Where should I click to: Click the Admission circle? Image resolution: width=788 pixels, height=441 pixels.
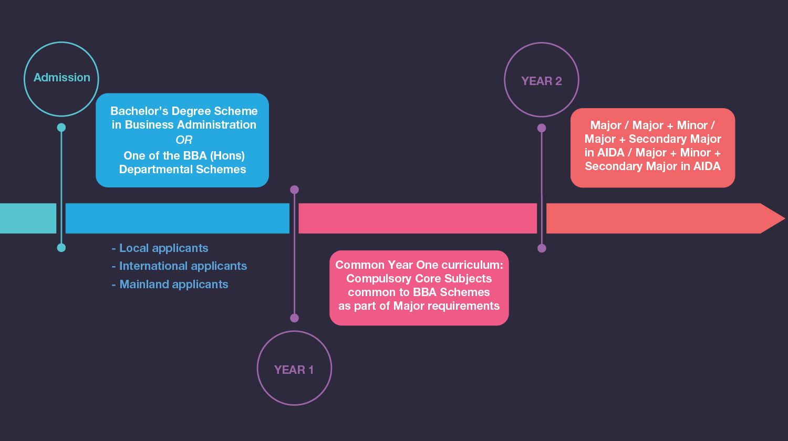point(61,79)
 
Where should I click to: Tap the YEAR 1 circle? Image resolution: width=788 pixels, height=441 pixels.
point(294,368)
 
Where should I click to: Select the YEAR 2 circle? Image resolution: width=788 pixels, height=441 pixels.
point(542,80)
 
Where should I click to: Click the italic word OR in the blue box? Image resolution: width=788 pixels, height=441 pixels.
point(184,140)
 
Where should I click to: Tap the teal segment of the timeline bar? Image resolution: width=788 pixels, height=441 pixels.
point(28,218)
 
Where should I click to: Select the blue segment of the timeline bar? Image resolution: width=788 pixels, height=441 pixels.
point(177,218)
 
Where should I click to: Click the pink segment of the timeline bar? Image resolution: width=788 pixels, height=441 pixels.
point(418,218)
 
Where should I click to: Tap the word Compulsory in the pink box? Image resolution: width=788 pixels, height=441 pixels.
point(375,279)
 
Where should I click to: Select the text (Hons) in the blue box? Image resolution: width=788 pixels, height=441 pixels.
point(228,156)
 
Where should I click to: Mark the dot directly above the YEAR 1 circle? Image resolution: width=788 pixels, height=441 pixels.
point(294,318)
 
